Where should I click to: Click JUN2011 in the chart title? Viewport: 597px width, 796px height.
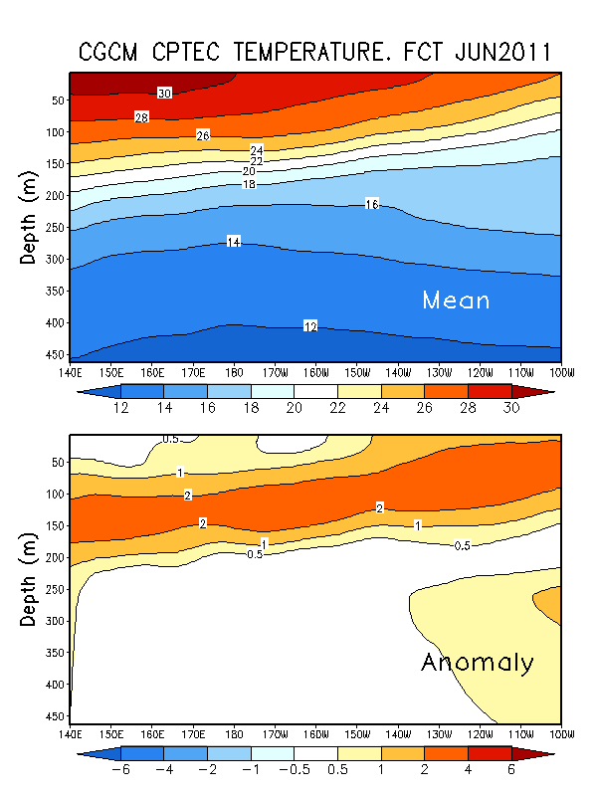(495, 51)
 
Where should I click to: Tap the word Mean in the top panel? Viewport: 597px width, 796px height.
(456, 299)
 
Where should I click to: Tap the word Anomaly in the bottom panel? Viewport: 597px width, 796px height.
(478, 663)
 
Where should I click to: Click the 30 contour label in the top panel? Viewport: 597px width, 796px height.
(164, 93)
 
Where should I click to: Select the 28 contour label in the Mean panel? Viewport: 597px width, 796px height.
(142, 117)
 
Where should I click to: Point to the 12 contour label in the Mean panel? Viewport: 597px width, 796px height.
(310, 326)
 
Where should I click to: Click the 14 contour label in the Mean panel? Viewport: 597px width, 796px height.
(234, 242)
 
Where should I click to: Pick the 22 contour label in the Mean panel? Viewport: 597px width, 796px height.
(257, 161)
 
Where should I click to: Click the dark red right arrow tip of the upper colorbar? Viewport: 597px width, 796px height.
(543, 389)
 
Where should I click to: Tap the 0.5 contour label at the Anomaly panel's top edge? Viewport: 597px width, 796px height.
(171, 439)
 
